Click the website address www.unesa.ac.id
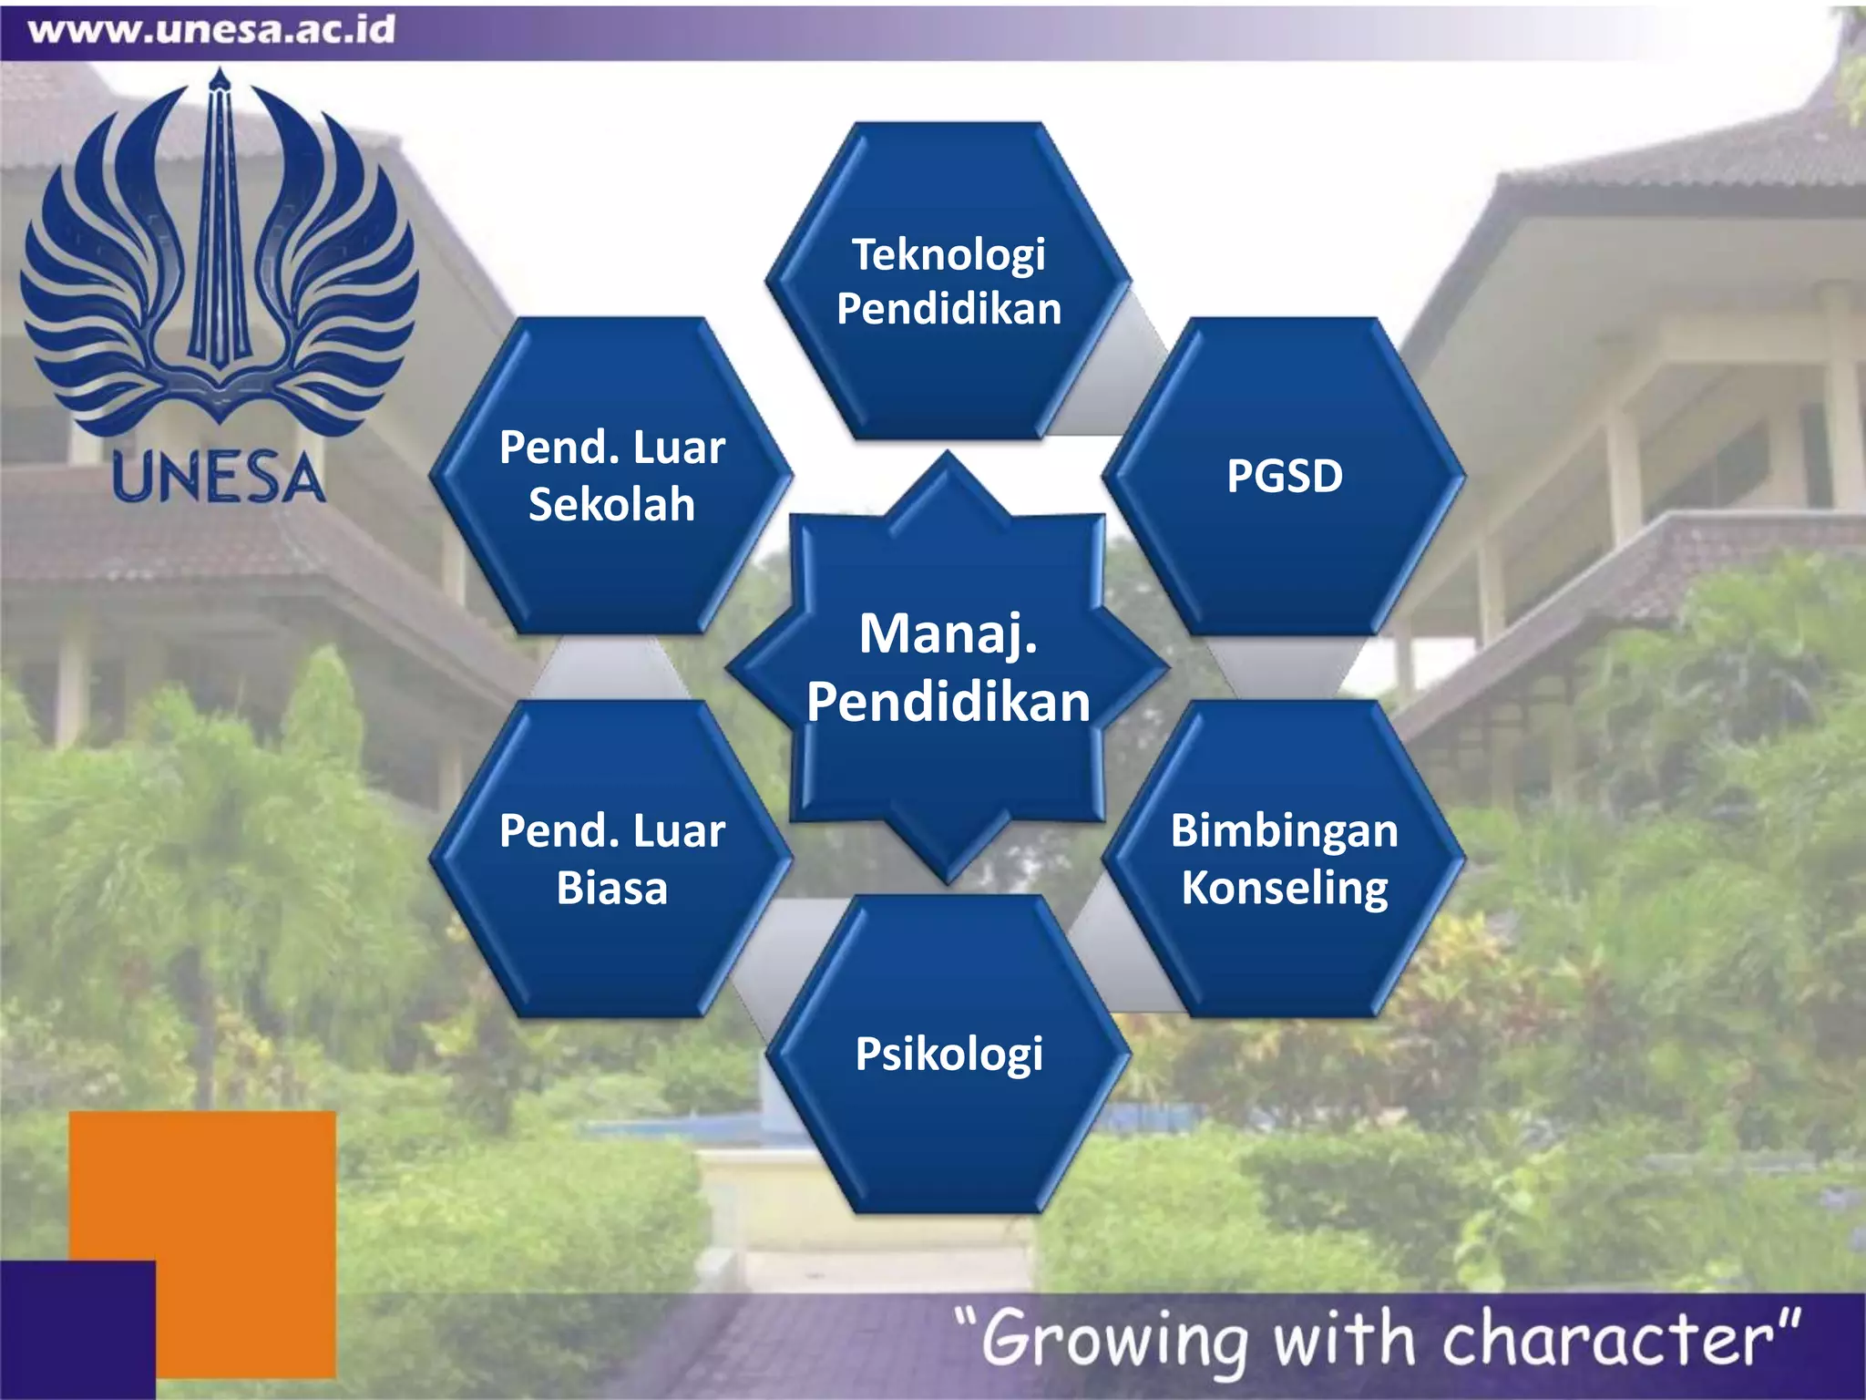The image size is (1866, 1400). (211, 30)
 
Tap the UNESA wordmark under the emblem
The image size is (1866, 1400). (218, 478)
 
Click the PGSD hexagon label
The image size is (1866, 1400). (1284, 476)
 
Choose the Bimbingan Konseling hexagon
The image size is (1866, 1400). (1284, 859)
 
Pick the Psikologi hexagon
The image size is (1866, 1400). (948, 1054)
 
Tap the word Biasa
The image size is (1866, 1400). (611, 888)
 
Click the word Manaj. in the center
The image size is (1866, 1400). (948, 634)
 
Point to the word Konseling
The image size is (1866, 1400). (1285, 888)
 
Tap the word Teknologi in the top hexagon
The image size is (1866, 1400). (948, 254)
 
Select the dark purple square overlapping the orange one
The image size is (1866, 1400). (77, 1329)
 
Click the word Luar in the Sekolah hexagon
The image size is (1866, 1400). (679, 448)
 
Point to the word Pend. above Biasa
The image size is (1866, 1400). (554, 831)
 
